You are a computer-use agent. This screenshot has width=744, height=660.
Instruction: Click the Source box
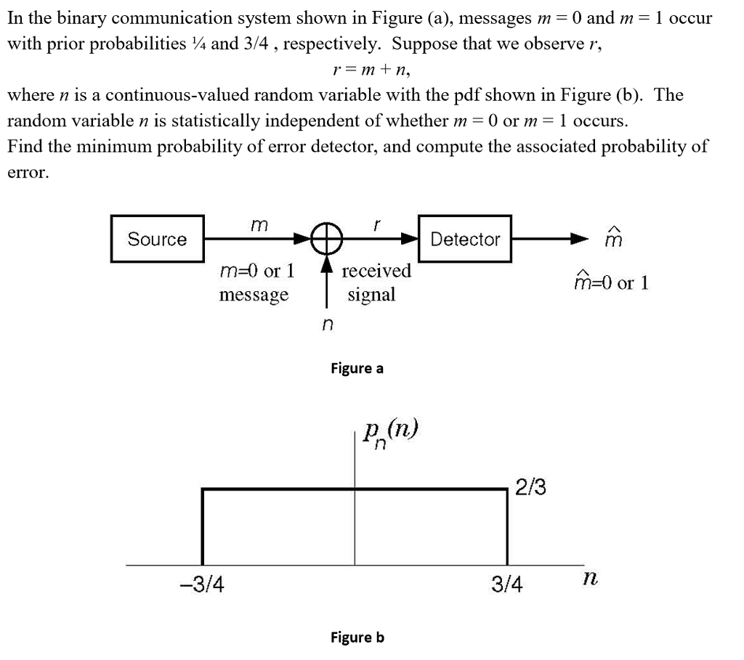click(157, 239)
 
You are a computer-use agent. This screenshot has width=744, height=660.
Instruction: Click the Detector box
click(465, 239)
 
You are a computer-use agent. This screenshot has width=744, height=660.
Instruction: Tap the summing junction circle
click(327, 238)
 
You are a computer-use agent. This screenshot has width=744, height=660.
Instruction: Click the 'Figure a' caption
click(357, 368)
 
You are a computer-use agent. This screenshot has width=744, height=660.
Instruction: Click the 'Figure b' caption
click(357, 637)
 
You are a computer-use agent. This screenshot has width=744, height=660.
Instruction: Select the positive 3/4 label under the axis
click(506, 584)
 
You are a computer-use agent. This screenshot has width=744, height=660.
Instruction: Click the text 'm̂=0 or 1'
click(611, 282)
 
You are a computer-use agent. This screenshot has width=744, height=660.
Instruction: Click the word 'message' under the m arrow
click(254, 294)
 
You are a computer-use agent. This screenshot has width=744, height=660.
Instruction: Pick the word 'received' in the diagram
click(376, 271)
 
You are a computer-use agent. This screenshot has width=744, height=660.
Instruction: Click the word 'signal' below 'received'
click(371, 294)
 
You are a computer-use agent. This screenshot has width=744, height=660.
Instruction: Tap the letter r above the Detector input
click(376, 226)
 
